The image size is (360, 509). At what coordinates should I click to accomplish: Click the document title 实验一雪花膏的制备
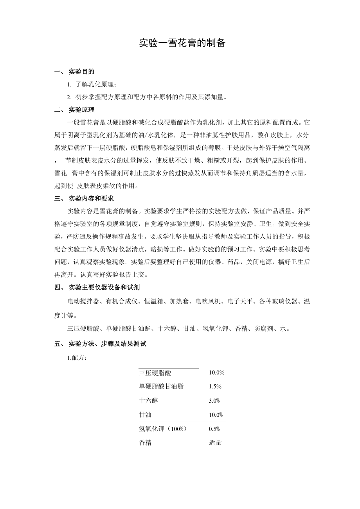(182, 43)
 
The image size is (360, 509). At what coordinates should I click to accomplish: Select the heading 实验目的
(81, 72)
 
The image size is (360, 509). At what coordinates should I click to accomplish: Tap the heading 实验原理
(81, 109)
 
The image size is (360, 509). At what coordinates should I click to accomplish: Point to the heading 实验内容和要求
(91, 198)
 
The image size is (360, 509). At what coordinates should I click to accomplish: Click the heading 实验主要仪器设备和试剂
(104, 287)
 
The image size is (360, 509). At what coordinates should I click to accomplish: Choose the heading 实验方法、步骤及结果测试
(107, 344)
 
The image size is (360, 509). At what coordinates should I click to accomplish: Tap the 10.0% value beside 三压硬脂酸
(216, 373)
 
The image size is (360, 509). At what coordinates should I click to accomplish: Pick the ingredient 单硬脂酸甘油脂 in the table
(161, 387)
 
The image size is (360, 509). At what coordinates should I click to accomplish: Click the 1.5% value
(215, 387)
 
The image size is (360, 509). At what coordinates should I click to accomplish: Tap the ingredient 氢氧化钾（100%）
(163, 429)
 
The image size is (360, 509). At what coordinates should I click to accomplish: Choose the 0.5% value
(214, 429)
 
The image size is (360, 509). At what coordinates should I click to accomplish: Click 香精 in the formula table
(145, 443)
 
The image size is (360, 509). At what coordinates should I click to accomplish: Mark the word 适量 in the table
(215, 443)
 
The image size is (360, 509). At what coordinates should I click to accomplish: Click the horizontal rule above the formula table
(169, 368)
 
